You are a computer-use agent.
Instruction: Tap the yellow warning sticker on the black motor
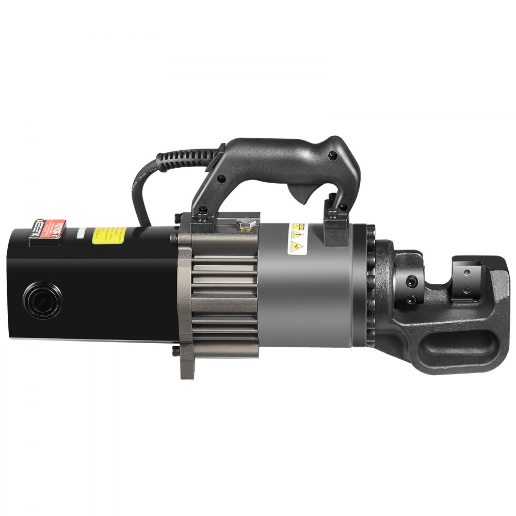click(x=109, y=236)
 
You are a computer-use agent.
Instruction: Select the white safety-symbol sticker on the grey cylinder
click(x=296, y=238)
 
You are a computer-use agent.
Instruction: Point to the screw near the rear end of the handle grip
click(x=221, y=180)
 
